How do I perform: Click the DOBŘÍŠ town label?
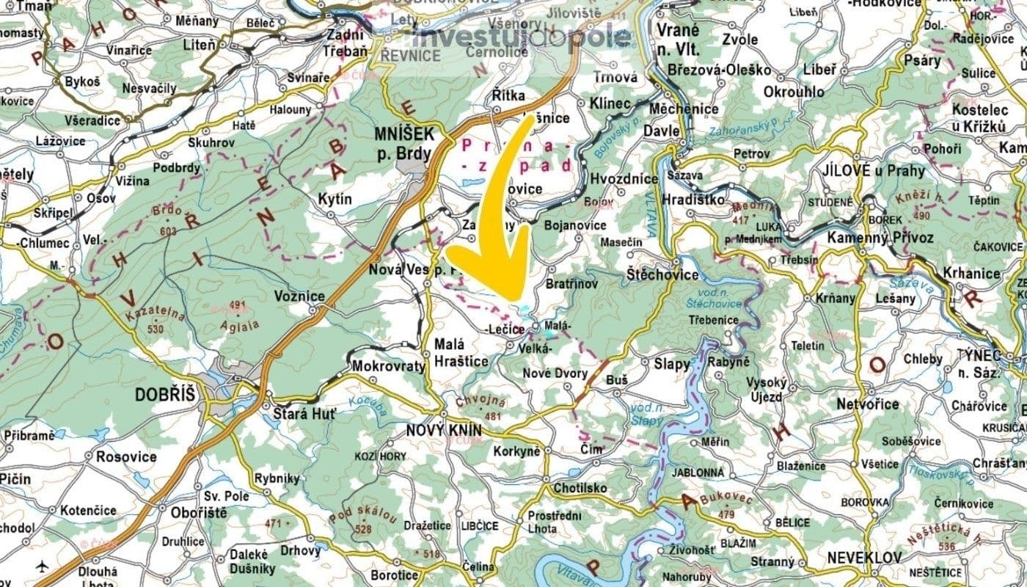[165, 395]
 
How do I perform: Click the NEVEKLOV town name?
[863, 558]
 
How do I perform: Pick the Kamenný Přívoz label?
[880, 237]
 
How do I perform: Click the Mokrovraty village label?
[389, 366]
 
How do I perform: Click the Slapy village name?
[672, 364]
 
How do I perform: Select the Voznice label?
[299, 296]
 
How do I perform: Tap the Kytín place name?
[335, 199]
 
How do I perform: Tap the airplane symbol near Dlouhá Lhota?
[43, 566]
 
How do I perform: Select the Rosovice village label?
[126, 456]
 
